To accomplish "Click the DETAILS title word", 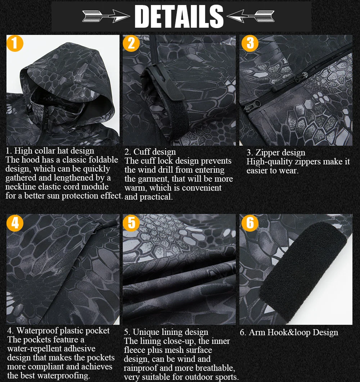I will (x=179, y=16).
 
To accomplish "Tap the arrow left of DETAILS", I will (x=106, y=16).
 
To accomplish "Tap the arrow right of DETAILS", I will (x=252, y=16).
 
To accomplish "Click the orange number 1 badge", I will (x=15, y=43).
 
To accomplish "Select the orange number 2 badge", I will (x=131, y=43).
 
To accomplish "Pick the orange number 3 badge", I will (x=250, y=43).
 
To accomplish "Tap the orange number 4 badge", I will (x=15, y=223).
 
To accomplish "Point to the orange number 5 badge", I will (x=131, y=223).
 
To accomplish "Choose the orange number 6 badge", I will (x=250, y=223).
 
